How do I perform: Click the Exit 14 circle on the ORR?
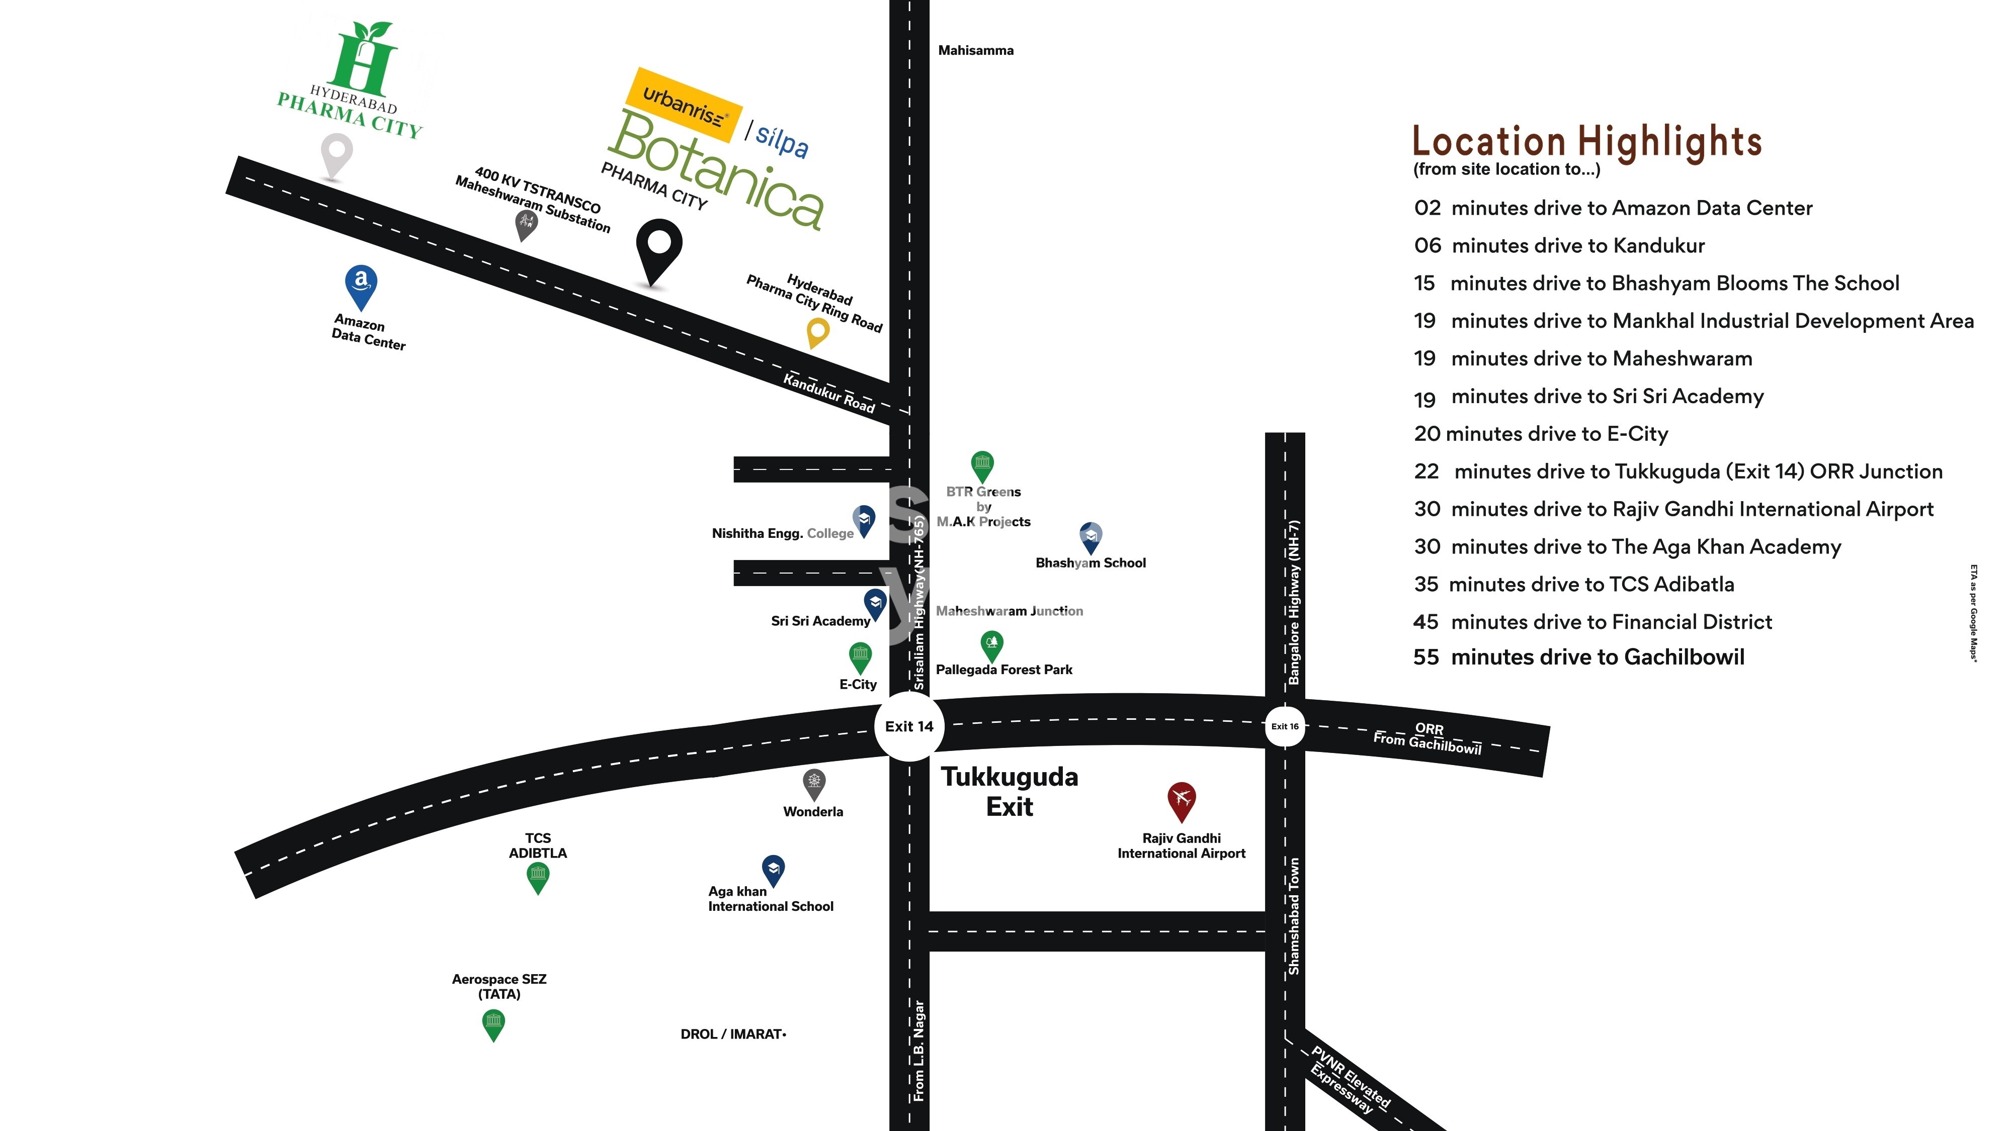coord(908,727)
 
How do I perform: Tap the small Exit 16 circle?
coord(1284,727)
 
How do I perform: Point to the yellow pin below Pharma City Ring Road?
coord(817,332)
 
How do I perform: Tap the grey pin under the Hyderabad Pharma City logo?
coord(337,154)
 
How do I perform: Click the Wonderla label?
coord(812,812)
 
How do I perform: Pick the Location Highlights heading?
coord(1586,141)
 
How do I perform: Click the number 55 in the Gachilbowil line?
coord(1426,657)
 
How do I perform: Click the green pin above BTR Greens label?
coord(982,465)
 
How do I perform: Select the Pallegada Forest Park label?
coord(1003,670)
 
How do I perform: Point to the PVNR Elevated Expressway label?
coord(1350,1080)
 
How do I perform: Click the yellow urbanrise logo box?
coord(683,106)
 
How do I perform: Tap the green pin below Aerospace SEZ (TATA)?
coord(493,1023)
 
